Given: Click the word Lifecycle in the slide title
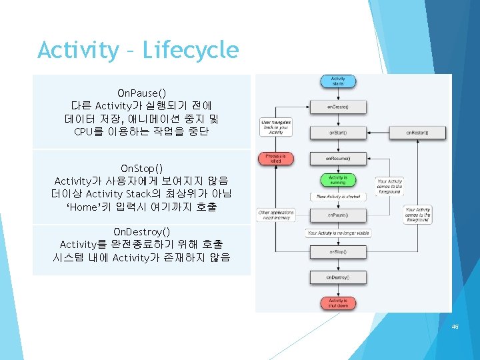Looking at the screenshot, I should pos(191,50).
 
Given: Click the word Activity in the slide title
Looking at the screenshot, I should pos(77,50).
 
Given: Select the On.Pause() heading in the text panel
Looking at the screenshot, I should pos(141,93).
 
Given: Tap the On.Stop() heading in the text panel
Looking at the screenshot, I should pos(141,168).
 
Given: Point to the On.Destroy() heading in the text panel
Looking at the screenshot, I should pos(141,232).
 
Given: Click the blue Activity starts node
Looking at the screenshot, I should pos(338,82).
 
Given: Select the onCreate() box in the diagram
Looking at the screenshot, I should pos(338,107).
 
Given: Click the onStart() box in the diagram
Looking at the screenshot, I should pos(338,133).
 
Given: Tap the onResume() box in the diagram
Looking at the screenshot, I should pos(338,159).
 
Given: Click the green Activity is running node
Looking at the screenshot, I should pos(338,179).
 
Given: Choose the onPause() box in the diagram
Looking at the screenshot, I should pos(338,215).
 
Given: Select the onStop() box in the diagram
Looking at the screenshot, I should pos(338,252).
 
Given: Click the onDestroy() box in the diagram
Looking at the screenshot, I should pos(338,277).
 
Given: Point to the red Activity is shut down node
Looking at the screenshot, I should pos(338,303).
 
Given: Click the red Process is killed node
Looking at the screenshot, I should pos(276,159).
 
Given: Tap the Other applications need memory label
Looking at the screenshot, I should pos(276,215).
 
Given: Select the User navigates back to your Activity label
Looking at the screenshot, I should pos(276,127).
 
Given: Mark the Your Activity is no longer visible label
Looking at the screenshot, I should pos(339,233).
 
